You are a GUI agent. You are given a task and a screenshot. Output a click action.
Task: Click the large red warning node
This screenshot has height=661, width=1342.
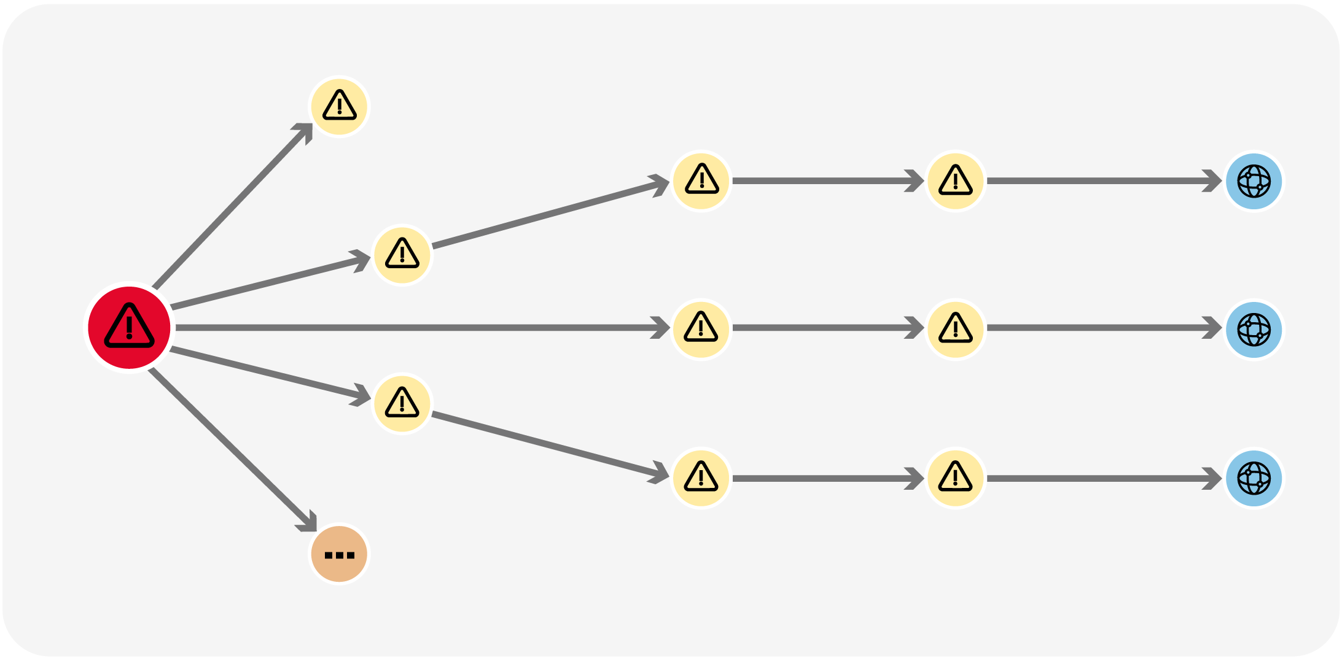[129, 327]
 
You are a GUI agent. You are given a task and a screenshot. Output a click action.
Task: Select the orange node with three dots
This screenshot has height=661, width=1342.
[339, 554]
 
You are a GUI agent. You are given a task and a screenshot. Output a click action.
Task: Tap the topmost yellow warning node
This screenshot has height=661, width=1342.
[339, 106]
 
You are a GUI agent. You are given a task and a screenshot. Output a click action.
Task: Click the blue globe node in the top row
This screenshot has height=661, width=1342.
[1254, 181]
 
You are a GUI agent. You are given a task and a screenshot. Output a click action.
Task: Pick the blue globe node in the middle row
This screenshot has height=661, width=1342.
[1254, 330]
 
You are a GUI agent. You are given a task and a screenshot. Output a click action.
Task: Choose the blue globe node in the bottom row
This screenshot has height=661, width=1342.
[1254, 478]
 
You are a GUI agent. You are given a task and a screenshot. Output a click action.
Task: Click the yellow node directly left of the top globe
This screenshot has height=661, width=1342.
[955, 181]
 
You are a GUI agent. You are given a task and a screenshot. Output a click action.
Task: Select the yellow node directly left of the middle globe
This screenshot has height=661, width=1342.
[955, 330]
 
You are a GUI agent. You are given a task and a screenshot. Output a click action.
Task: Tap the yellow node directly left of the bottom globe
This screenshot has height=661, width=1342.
[955, 478]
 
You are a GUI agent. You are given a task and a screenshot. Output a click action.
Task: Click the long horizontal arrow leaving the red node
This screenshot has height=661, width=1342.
[418, 328]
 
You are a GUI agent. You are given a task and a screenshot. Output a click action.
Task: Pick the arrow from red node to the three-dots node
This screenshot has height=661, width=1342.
[233, 449]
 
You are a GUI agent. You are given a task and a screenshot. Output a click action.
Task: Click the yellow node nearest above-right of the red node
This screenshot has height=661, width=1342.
[402, 255]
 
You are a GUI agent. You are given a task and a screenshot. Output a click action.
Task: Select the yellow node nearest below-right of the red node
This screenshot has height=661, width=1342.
[402, 403]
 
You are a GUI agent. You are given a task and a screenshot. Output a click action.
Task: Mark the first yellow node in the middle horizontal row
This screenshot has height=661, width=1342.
[701, 330]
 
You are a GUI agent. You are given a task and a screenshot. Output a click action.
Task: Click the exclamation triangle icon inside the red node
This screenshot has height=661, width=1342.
[129, 326]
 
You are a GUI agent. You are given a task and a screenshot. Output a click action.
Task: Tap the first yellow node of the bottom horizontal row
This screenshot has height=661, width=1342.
[701, 478]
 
